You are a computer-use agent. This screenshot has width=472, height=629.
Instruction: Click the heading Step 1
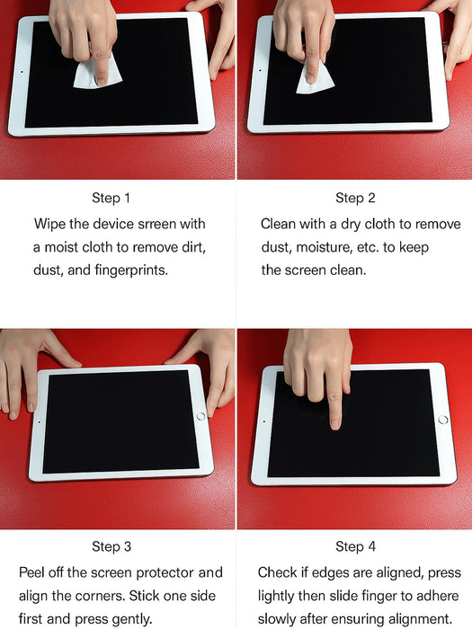(111, 198)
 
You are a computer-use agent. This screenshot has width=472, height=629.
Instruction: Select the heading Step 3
(111, 546)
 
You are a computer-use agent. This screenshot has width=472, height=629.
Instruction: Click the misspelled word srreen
(159, 223)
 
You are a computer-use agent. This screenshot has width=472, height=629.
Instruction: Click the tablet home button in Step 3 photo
(200, 416)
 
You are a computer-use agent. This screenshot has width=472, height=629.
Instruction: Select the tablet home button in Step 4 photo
(442, 420)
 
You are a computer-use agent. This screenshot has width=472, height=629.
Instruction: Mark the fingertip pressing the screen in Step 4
(334, 420)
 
